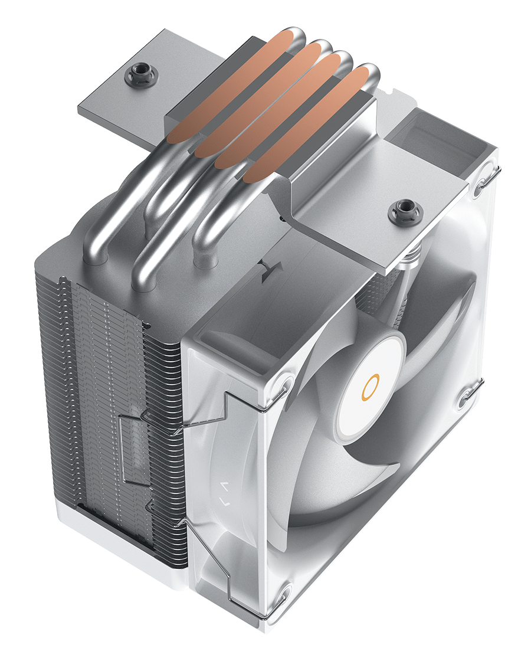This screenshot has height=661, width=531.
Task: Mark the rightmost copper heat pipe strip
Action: (309, 127)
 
